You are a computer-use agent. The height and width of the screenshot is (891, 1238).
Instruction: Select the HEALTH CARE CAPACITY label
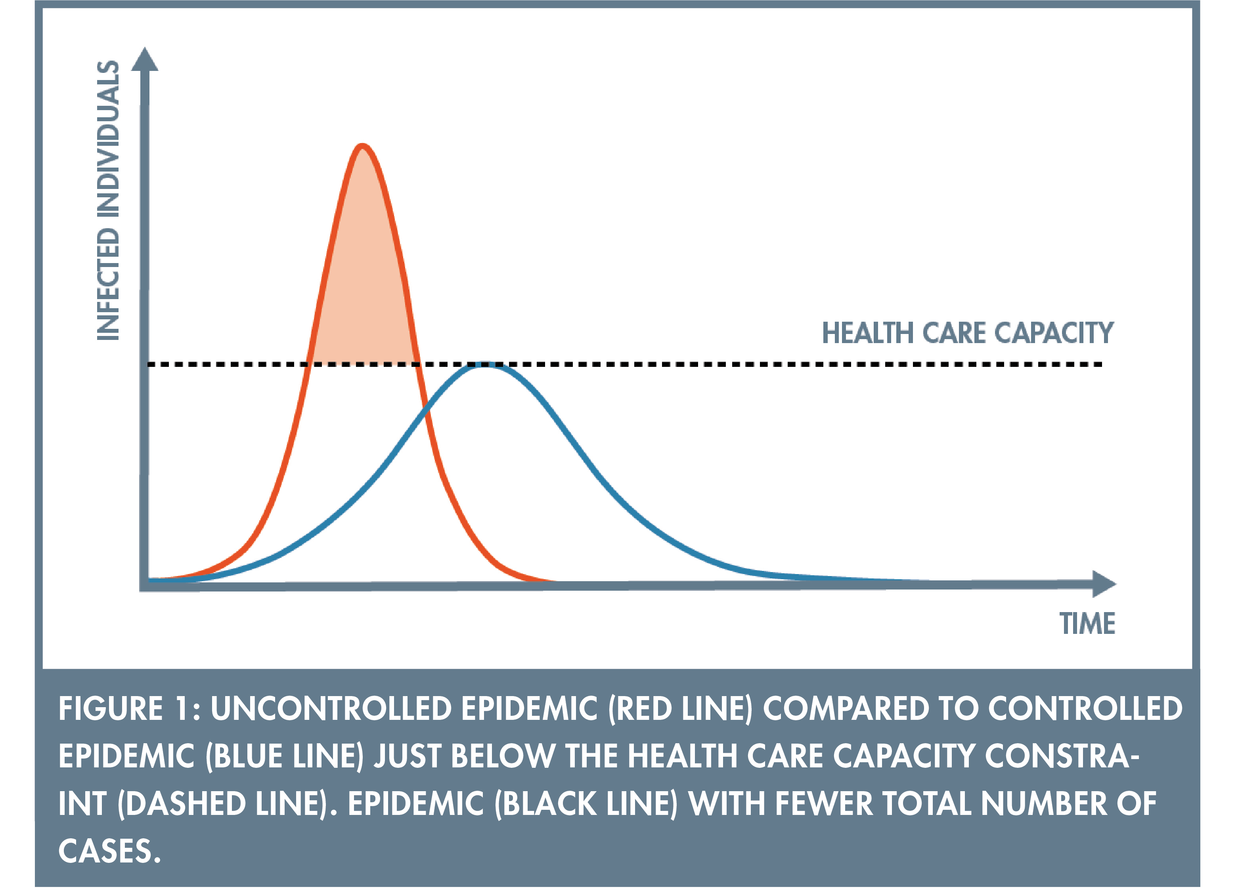pos(968,333)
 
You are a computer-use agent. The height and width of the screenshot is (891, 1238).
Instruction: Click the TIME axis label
pos(1087,624)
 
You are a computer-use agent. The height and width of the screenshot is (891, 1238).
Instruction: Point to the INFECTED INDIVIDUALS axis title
pos(108,200)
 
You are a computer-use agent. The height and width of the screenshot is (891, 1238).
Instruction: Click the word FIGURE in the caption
pos(111,709)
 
